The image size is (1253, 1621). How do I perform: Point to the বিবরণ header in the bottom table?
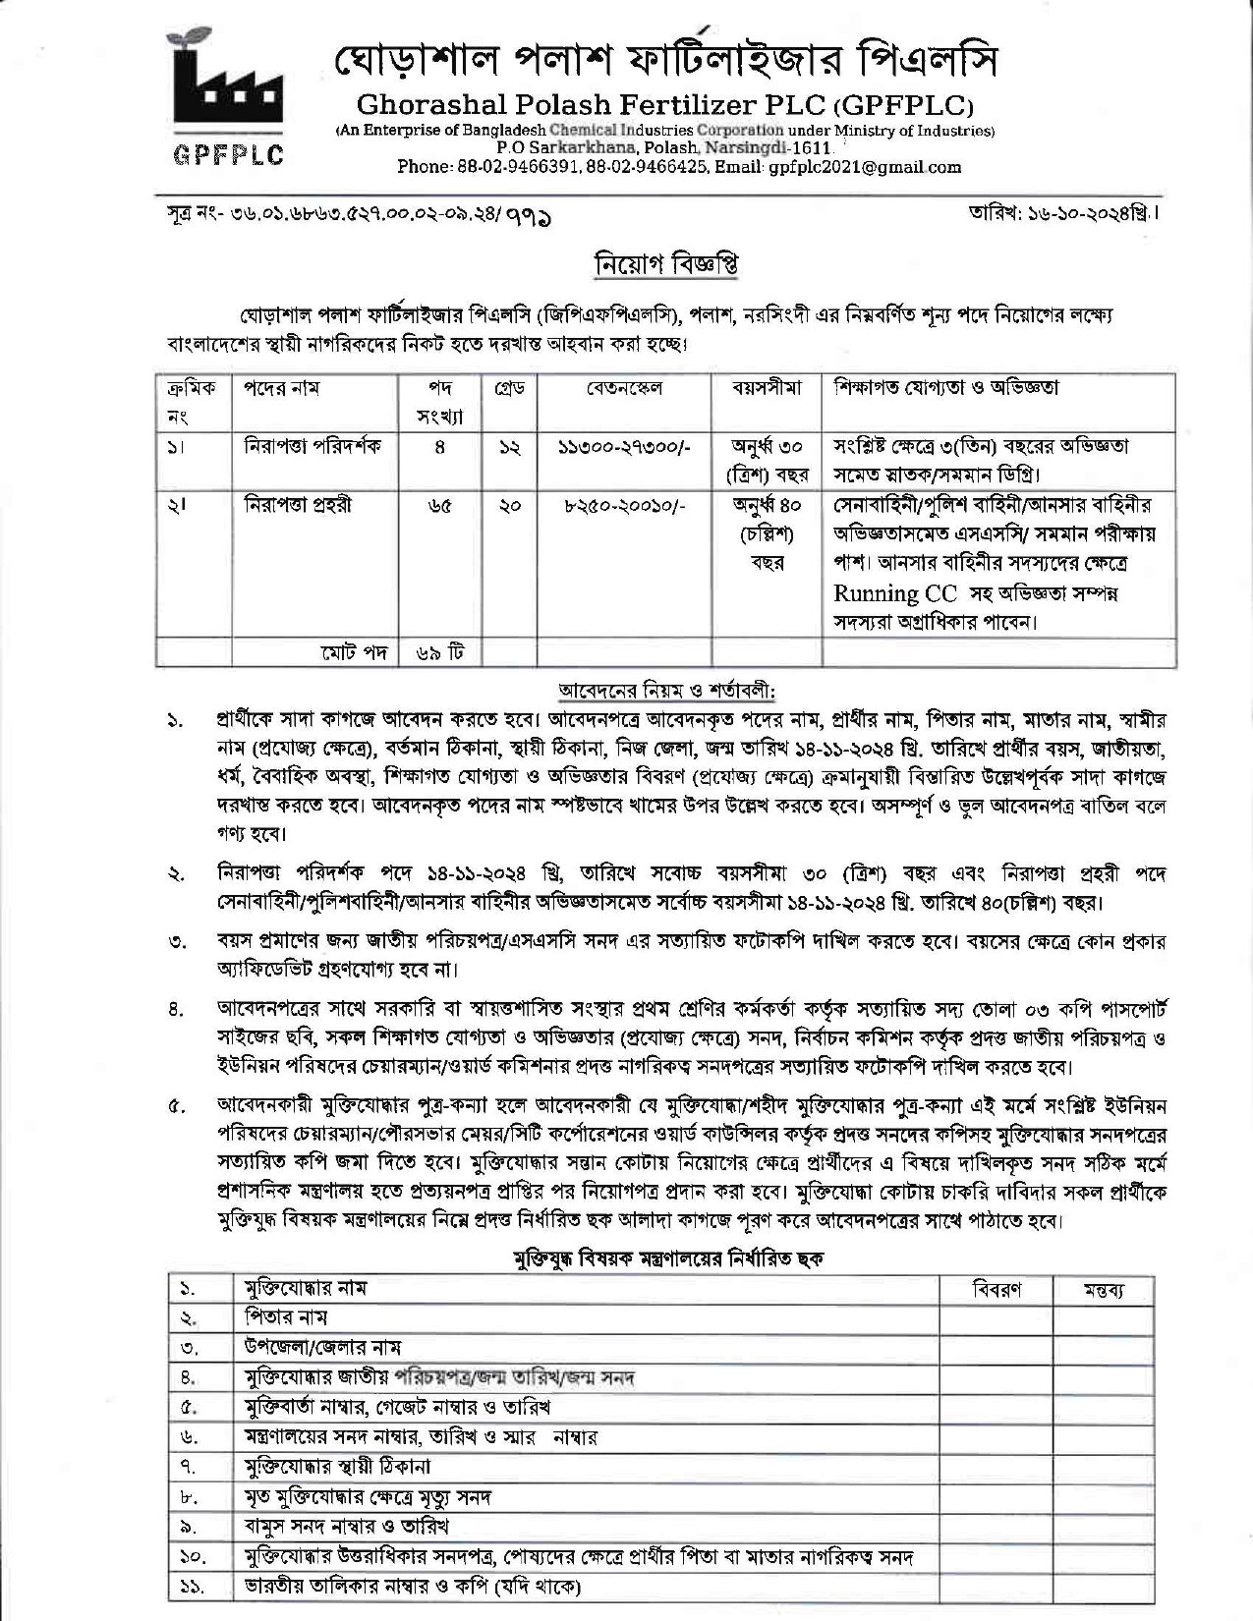click(x=996, y=1289)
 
